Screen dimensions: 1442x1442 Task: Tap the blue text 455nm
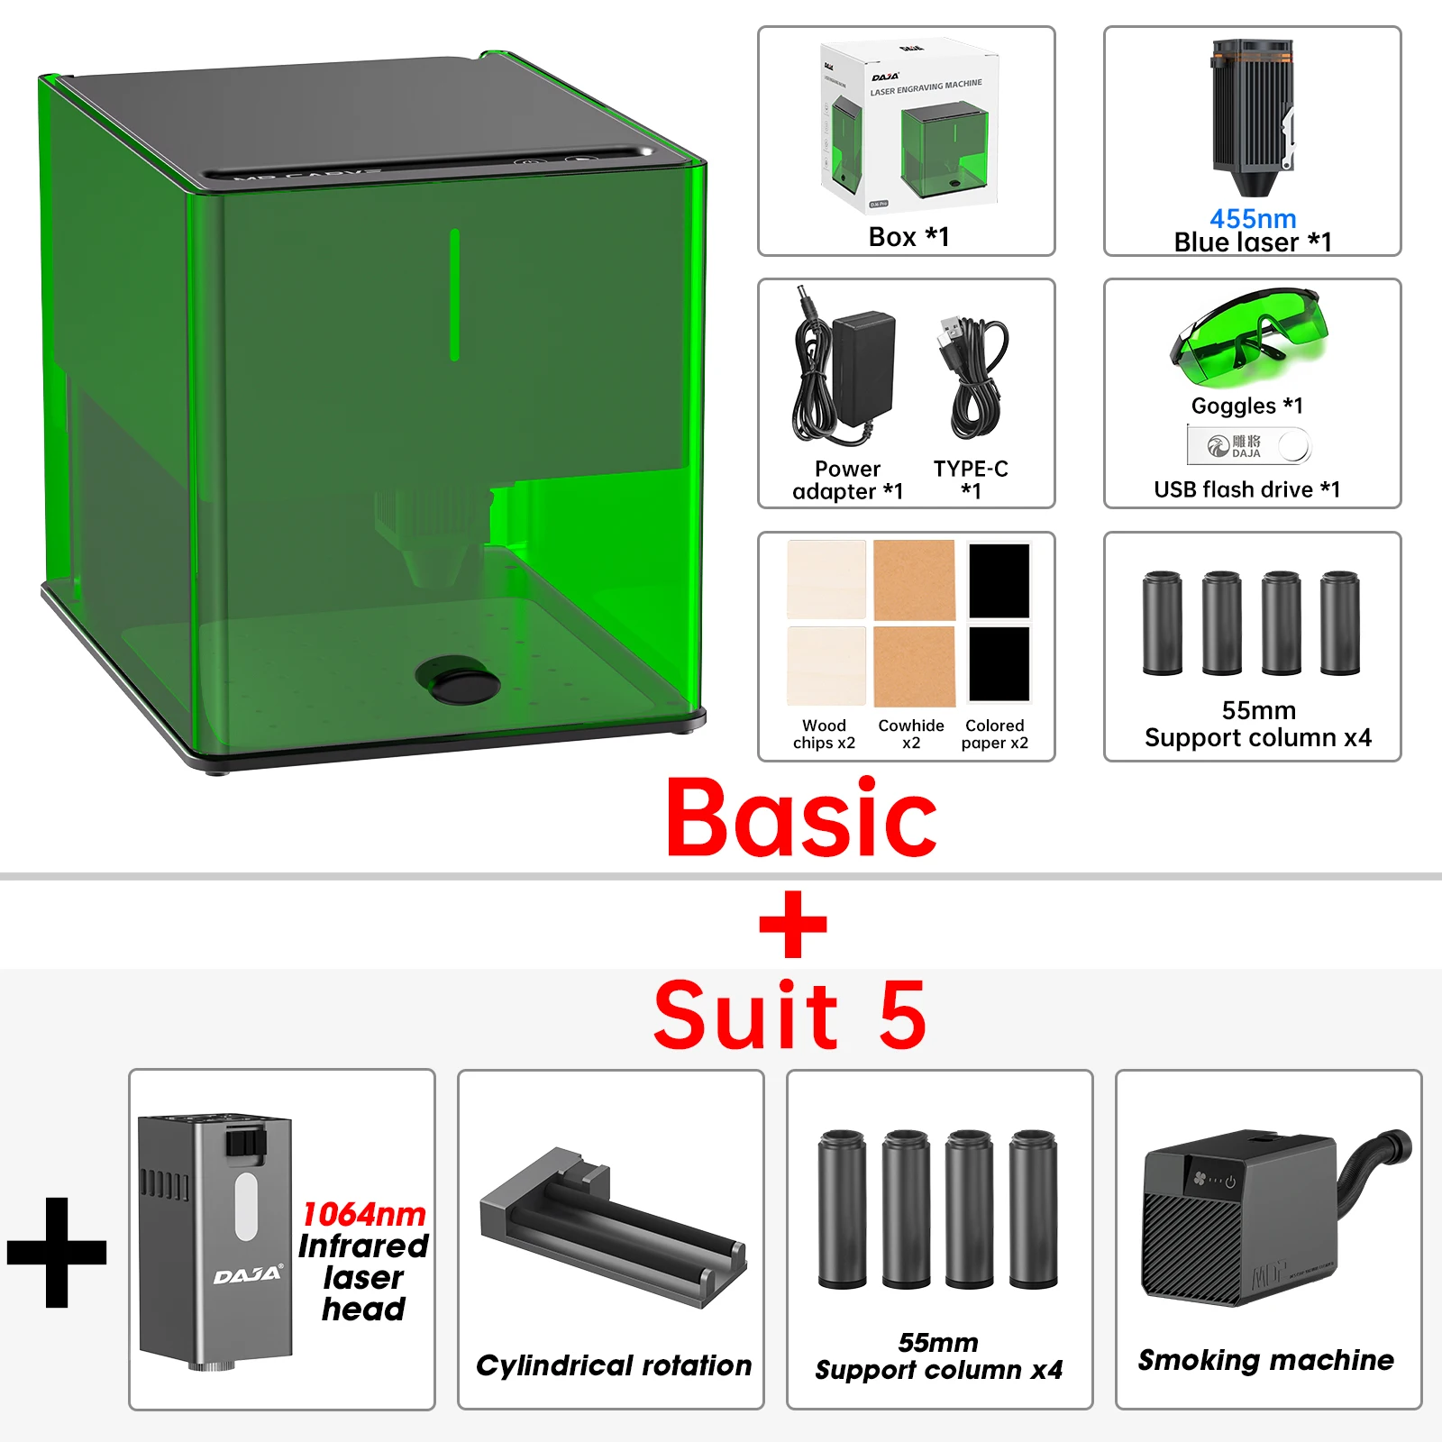[x=1252, y=218]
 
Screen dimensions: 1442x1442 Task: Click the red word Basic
[x=801, y=819]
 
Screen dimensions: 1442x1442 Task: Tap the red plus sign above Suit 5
[x=793, y=924]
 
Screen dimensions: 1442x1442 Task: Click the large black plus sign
[x=57, y=1252]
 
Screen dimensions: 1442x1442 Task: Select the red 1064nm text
[x=364, y=1214]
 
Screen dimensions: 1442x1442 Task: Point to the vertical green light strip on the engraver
[x=454, y=295]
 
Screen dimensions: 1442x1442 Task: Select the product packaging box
[x=908, y=126]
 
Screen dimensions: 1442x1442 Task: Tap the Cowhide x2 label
[x=911, y=734]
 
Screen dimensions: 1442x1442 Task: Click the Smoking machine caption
[x=1265, y=1359]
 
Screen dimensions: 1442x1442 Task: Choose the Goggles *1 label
[x=1246, y=406]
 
